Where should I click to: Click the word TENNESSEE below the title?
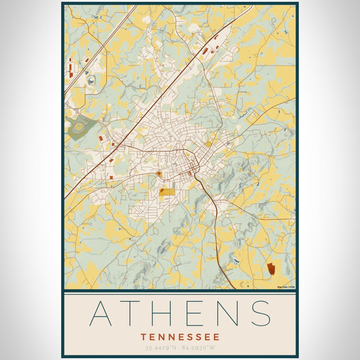tap(180, 337)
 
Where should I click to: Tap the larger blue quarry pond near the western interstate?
tap(91, 79)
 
